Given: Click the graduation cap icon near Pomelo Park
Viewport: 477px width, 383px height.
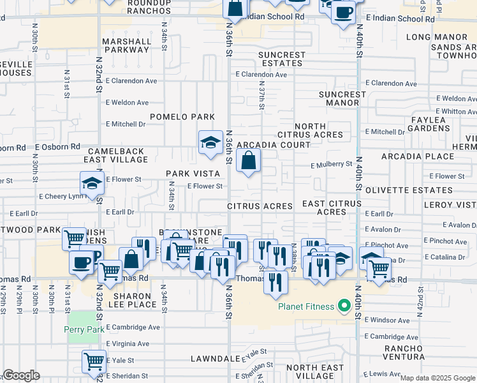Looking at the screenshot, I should click(210, 143).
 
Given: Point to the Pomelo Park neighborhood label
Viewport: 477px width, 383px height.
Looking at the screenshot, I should click(182, 117).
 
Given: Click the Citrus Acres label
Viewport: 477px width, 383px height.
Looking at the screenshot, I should click(260, 206).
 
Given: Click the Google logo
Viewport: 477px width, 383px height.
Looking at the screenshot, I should click(21, 375).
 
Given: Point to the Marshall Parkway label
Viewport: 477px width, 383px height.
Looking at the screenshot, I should click(126, 45).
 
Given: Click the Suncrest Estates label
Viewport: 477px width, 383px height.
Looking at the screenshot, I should click(281, 59).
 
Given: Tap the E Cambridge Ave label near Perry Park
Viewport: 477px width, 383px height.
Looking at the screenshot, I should click(133, 327).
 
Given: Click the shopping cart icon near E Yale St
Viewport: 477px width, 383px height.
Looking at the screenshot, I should click(94, 361).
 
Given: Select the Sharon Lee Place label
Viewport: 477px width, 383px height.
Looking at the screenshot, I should click(135, 300).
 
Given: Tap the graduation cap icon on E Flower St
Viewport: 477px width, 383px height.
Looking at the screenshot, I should click(92, 183).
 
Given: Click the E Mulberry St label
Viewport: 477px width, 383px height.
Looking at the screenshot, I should click(331, 164).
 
